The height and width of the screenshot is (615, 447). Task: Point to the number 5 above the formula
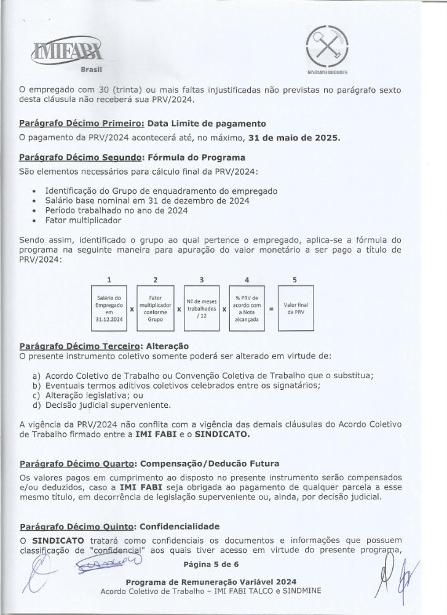(x=295, y=280)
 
